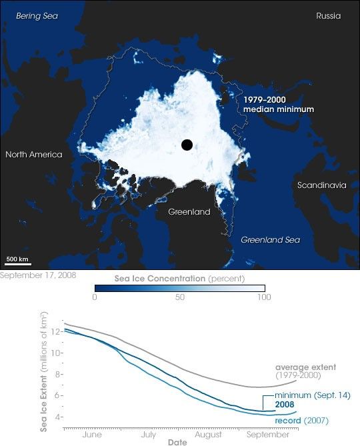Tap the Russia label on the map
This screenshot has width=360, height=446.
[329, 15]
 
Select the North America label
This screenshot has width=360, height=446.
[34, 155]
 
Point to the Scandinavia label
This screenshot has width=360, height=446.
[321, 185]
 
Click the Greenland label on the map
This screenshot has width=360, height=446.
[189, 212]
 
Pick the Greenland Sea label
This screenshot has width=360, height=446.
[270, 239]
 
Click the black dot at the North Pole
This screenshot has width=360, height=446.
[187, 145]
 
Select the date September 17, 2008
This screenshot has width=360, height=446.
[38, 275]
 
